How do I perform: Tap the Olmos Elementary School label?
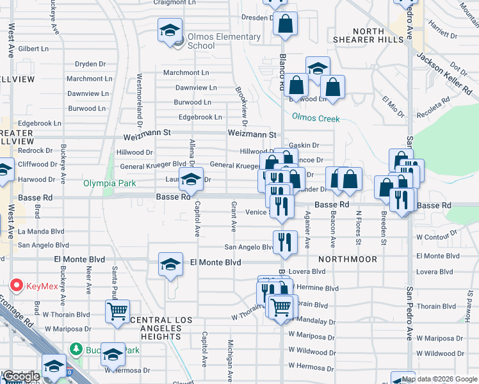tap(220, 41)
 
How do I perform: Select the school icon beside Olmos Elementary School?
tap(170, 31)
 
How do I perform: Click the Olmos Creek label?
tap(316, 117)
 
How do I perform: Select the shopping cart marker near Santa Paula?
tap(117, 312)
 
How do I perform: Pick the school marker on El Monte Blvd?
tap(170, 264)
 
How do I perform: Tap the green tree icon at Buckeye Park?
tap(76, 349)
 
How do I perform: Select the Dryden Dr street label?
tap(90, 64)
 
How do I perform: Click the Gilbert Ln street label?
tap(34, 49)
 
